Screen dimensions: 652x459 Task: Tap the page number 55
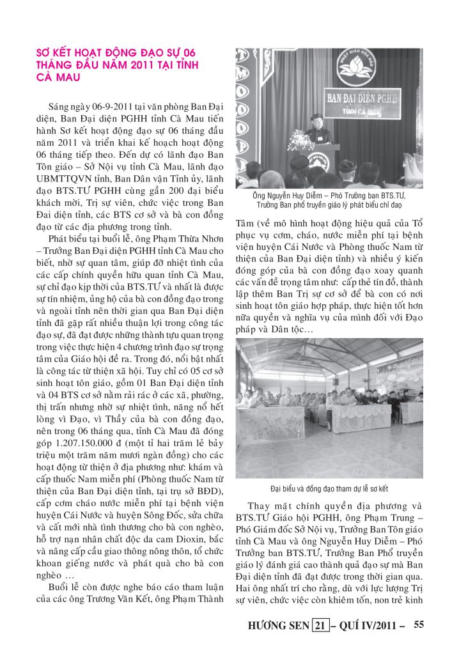click(419, 624)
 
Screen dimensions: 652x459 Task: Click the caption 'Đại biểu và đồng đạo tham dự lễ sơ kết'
click(329, 489)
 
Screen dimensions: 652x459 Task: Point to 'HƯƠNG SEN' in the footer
click(278, 625)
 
